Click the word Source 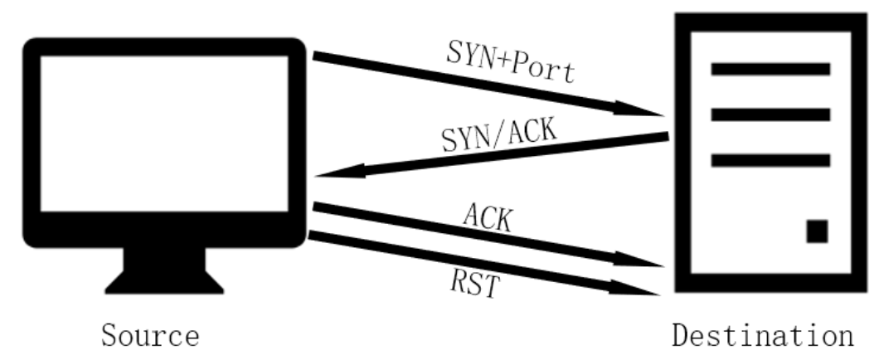150,337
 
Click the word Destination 762,337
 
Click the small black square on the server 817,231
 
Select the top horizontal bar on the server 770,69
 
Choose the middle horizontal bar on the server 770,114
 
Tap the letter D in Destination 681,337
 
